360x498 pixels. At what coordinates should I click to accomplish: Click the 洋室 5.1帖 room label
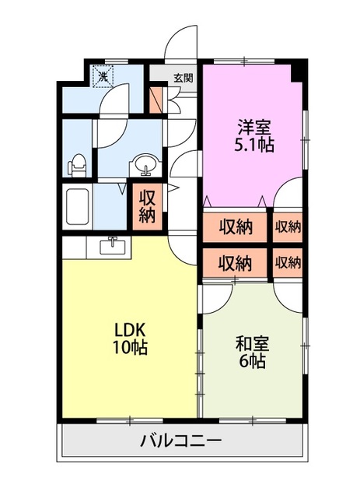[x=254, y=136]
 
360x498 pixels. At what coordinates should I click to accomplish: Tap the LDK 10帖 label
[x=131, y=339]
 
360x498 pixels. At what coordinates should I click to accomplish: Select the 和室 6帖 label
[x=252, y=352]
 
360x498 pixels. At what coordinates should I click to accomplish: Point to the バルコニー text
[x=180, y=440]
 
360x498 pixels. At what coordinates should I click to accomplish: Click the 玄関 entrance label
[x=183, y=78]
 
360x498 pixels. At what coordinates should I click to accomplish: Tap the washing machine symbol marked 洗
[x=103, y=75]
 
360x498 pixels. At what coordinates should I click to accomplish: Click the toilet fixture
[x=77, y=166]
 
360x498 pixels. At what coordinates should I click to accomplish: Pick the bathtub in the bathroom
[x=77, y=207]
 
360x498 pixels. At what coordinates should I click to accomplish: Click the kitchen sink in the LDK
[x=113, y=247]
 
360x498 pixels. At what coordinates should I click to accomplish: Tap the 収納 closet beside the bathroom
[x=147, y=207]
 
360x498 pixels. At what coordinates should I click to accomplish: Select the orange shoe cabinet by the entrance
[x=156, y=100]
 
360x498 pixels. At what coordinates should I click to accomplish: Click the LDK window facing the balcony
[x=130, y=421]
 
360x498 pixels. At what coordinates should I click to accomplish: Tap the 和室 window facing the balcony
[x=253, y=421]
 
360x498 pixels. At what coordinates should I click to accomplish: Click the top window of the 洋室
[x=244, y=61]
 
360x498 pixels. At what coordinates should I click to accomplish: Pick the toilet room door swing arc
[x=110, y=134]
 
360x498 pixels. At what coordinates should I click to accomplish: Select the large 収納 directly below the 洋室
[x=235, y=227]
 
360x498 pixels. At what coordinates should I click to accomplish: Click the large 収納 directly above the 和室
[x=235, y=263]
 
